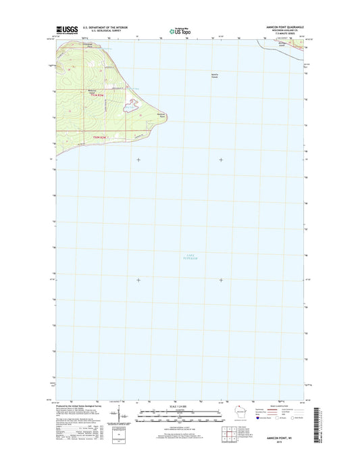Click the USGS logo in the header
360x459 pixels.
coord(67,29)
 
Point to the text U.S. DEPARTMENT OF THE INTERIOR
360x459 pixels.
coord(105,28)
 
